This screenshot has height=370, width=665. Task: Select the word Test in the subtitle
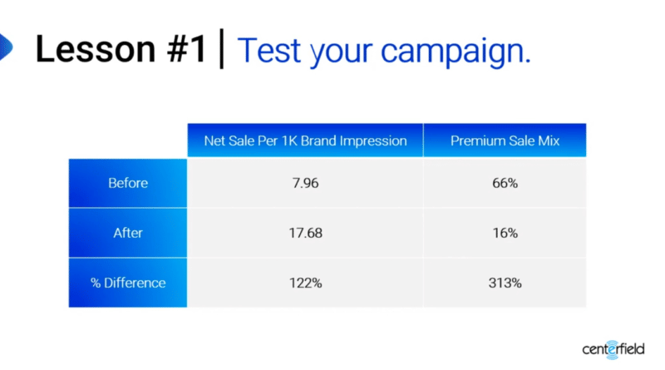(271, 51)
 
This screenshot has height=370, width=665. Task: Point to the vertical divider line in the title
(221, 50)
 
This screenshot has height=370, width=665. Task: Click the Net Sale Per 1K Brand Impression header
(305, 141)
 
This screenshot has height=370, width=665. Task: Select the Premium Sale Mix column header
(505, 141)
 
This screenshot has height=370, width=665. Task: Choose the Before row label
(128, 183)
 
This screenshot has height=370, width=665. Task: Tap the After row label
(128, 233)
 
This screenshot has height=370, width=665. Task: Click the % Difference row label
(128, 283)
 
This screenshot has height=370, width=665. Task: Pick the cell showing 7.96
(305, 183)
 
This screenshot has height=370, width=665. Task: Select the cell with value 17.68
(305, 233)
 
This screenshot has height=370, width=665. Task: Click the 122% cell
(305, 283)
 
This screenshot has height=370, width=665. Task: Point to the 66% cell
(505, 183)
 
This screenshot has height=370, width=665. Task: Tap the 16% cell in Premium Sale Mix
(505, 233)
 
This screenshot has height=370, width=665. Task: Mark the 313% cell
(505, 283)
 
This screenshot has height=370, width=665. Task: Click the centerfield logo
(613, 348)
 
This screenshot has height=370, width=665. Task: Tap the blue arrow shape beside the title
(5, 48)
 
